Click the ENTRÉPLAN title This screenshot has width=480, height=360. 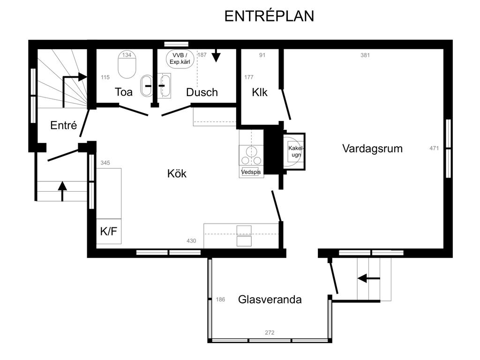point(269,16)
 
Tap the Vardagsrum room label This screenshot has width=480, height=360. point(372,149)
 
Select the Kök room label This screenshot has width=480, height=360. point(177,173)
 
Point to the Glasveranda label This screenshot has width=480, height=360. point(270,300)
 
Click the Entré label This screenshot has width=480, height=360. point(63,125)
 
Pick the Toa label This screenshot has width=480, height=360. point(124,92)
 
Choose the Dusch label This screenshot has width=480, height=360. point(202,92)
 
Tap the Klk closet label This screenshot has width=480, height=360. point(260,92)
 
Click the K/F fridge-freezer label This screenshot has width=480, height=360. point(109,232)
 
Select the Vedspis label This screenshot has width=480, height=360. point(251,172)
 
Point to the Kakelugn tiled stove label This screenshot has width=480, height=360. point(296,151)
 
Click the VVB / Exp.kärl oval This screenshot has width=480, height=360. point(180,59)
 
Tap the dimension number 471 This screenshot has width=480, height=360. point(434,148)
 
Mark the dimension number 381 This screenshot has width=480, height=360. point(365,55)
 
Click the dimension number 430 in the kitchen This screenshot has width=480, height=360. point(191,241)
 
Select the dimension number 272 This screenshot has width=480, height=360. point(270,332)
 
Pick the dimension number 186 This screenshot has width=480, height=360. point(220,300)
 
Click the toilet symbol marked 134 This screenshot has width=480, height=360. point(127,64)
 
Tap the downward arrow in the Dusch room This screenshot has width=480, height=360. point(216,55)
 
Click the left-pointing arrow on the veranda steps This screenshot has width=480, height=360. point(368,278)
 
